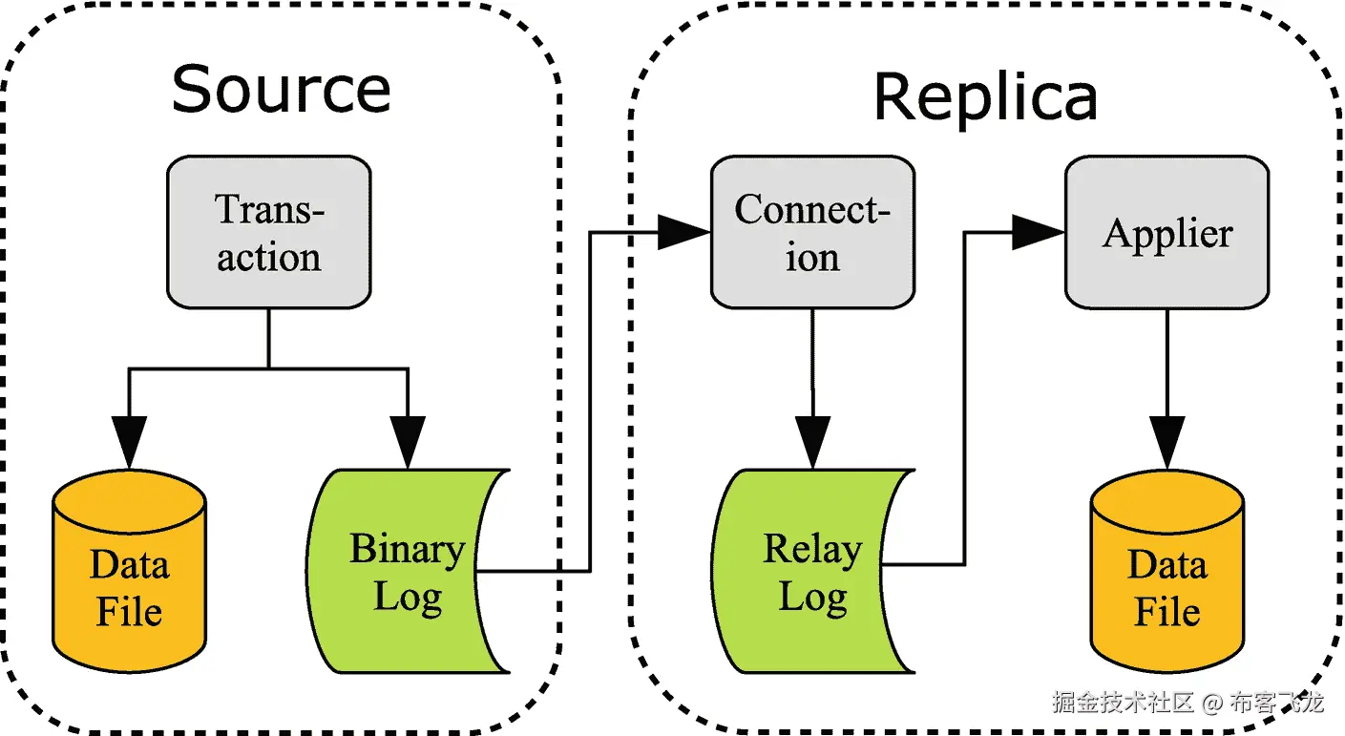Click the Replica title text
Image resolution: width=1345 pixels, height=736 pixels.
click(x=985, y=97)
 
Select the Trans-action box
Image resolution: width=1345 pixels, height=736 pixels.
click(x=268, y=232)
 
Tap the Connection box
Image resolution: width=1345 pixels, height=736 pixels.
click(x=812, y=232)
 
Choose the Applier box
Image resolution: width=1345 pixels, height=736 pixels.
click(x=1166, y=232)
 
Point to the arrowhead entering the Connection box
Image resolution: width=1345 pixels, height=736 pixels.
click(x=685, y=232)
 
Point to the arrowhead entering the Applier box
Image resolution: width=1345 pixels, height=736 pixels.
click(x=1039, y=232)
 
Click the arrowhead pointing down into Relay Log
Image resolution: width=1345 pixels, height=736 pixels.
click(x=812, y=442)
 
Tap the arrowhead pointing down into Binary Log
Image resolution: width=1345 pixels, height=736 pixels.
click(x=408, y=442)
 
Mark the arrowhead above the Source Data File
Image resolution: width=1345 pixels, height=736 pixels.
click(x=130, y=442)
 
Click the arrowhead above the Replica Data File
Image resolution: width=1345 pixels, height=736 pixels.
click(x=1166, y=442)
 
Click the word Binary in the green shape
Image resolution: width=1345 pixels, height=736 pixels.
click(x=407, y=549)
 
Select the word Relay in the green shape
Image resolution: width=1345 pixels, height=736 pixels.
click(x=811, y=549)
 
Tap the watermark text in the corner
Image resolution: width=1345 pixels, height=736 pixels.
click(x=1187, y=704)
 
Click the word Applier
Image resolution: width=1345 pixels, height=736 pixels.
click(x=1167, y=234)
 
